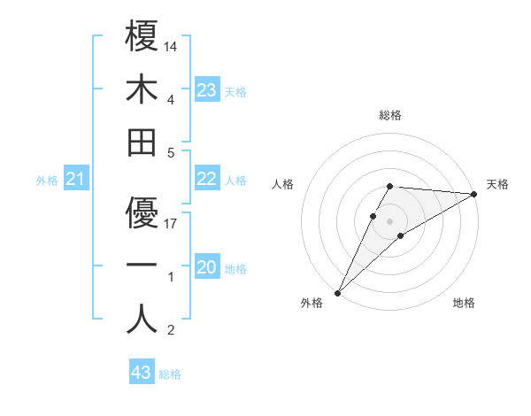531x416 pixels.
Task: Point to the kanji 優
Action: [x=142, y=212]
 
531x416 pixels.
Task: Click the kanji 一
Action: [x=142, y=266]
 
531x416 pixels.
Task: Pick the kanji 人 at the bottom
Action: [x=142, y=319]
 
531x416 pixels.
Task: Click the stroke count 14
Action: [x=172, y=45]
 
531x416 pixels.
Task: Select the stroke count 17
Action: [x=172, y=223]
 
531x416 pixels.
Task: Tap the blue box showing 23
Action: [x=206, y=90]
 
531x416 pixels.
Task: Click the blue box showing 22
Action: [x=206, y=179]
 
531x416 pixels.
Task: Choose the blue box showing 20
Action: [x=206, y=267]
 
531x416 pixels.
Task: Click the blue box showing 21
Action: [x=76, y=181]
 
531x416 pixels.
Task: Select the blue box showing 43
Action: [x=142, y=373]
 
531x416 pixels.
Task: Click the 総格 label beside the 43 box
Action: [x=170, y=374]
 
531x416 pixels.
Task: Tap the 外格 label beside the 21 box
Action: [x=47, y=181]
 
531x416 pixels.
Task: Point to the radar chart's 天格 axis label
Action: [x=497, y=184]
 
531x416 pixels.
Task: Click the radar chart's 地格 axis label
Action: [x=464, y=304]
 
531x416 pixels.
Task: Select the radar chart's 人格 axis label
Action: [x=283, y=184]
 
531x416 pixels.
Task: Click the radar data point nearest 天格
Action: [x=474, y=194]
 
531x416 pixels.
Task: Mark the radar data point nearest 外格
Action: [x=337, y=292]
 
